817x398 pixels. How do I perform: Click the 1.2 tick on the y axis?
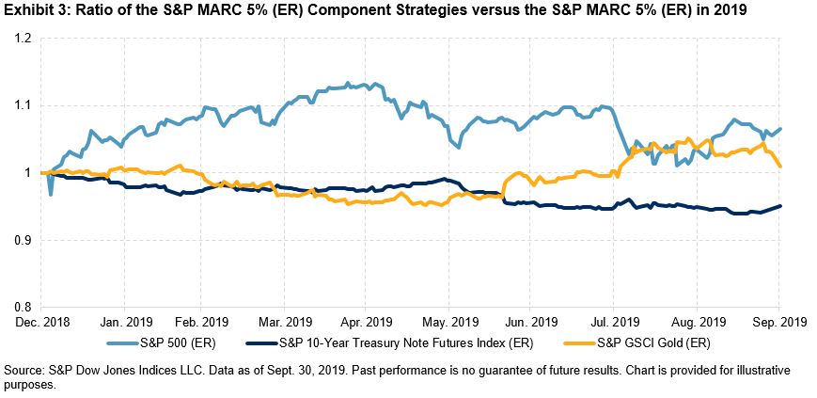(x=21, y=39)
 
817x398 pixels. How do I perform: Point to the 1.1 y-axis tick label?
(x=21, y=105)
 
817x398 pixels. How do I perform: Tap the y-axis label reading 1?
(x=28, y=173)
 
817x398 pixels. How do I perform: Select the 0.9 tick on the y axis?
(x=21, y=240)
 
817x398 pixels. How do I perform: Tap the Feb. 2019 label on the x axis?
(x=202, y=321)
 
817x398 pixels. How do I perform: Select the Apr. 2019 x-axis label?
(x=365, y=321)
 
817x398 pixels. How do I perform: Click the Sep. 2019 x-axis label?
(x=776, y=321)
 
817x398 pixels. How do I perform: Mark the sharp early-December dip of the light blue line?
(x=50, y=194)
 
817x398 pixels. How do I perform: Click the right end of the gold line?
(x=780, y=167)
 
